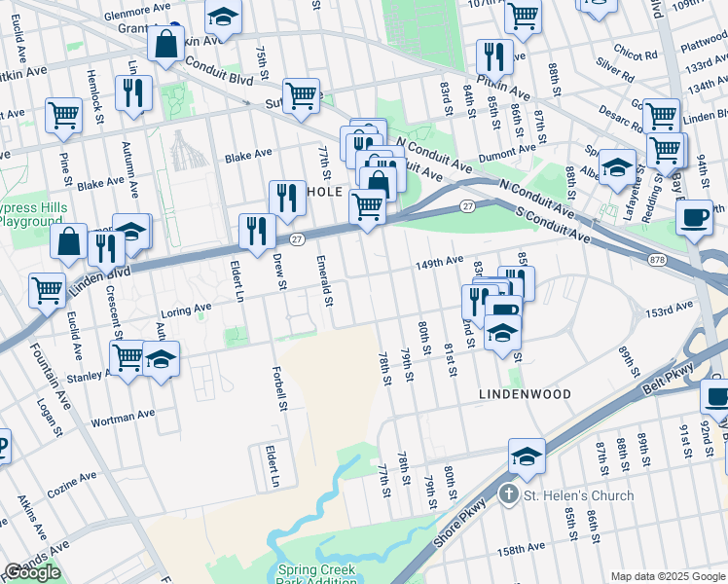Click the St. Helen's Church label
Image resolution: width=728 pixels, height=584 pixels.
click(579, 495)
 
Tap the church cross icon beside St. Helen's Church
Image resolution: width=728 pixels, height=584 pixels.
click(507, 495)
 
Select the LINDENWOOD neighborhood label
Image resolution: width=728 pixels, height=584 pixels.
click(523, 394)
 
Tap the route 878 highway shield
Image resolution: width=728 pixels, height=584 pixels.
click(658, 259)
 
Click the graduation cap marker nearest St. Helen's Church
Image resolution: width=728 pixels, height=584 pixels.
click(526, 455)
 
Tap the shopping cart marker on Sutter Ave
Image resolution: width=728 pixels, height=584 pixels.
click(302, 94)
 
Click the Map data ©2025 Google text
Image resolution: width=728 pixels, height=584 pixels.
click(667, 576)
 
